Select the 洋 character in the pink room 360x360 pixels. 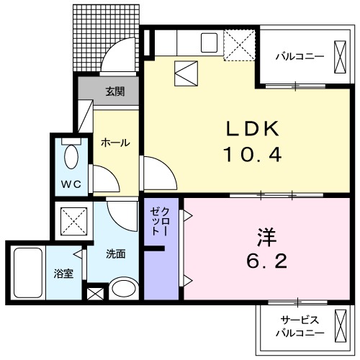[x=266, y=237]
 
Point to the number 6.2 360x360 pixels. [x=266, y=261]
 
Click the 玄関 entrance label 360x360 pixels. [x=114, y=91]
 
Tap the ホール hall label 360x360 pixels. [x=115, y=143]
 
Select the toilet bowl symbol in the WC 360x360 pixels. [x=72, y=156]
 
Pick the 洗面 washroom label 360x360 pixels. [x=116, y=253]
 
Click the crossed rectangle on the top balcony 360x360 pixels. [x=339, y=55]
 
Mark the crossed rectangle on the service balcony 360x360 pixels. [x=338, y=326]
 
